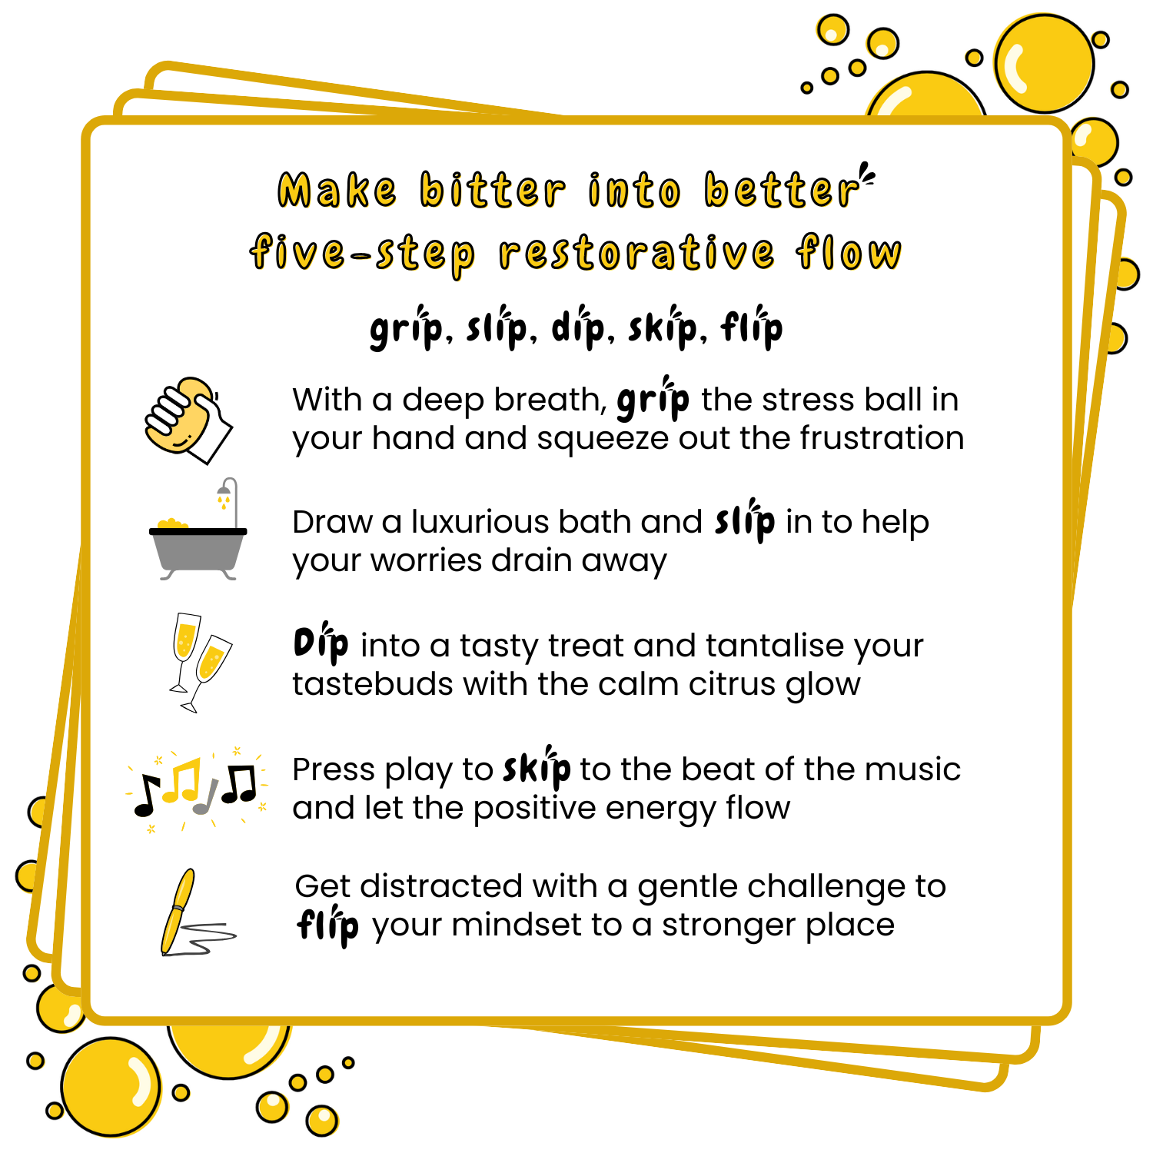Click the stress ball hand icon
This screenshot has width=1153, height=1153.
click(188, 420)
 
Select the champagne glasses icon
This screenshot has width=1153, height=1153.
click(198, 663)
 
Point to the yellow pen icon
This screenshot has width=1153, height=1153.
click(178, 912)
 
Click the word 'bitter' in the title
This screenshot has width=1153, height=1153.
click(493, 190)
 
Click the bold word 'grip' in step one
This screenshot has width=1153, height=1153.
click(653, 398)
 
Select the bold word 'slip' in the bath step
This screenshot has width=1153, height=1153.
click(744, 520)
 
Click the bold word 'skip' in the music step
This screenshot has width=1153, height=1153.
click(537, 767)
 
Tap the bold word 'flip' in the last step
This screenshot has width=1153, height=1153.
click(327, 925)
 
